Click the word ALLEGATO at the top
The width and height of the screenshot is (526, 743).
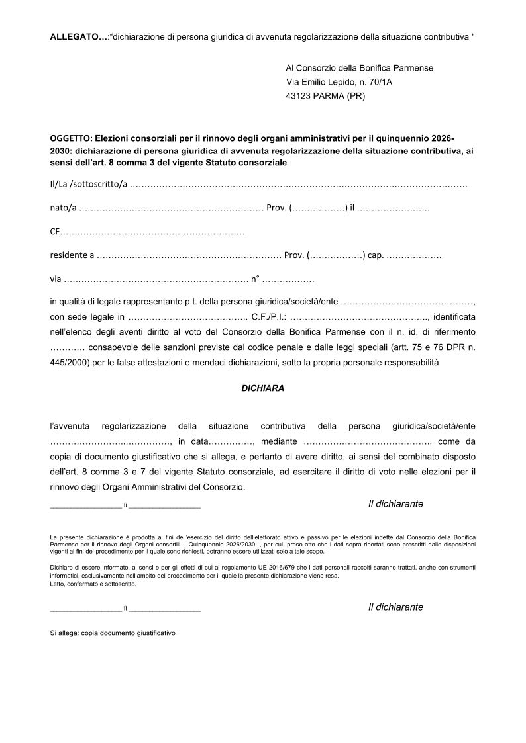tap(75, 36)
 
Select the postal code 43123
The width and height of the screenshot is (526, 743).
tap(299, 96)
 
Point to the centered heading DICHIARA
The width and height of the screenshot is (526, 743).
tap(262, 388)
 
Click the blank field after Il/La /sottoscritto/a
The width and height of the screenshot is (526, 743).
tap(299, 183)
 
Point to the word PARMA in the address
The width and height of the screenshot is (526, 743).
tap(329, 96)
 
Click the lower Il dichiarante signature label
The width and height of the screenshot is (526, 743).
tap(395, 607)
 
